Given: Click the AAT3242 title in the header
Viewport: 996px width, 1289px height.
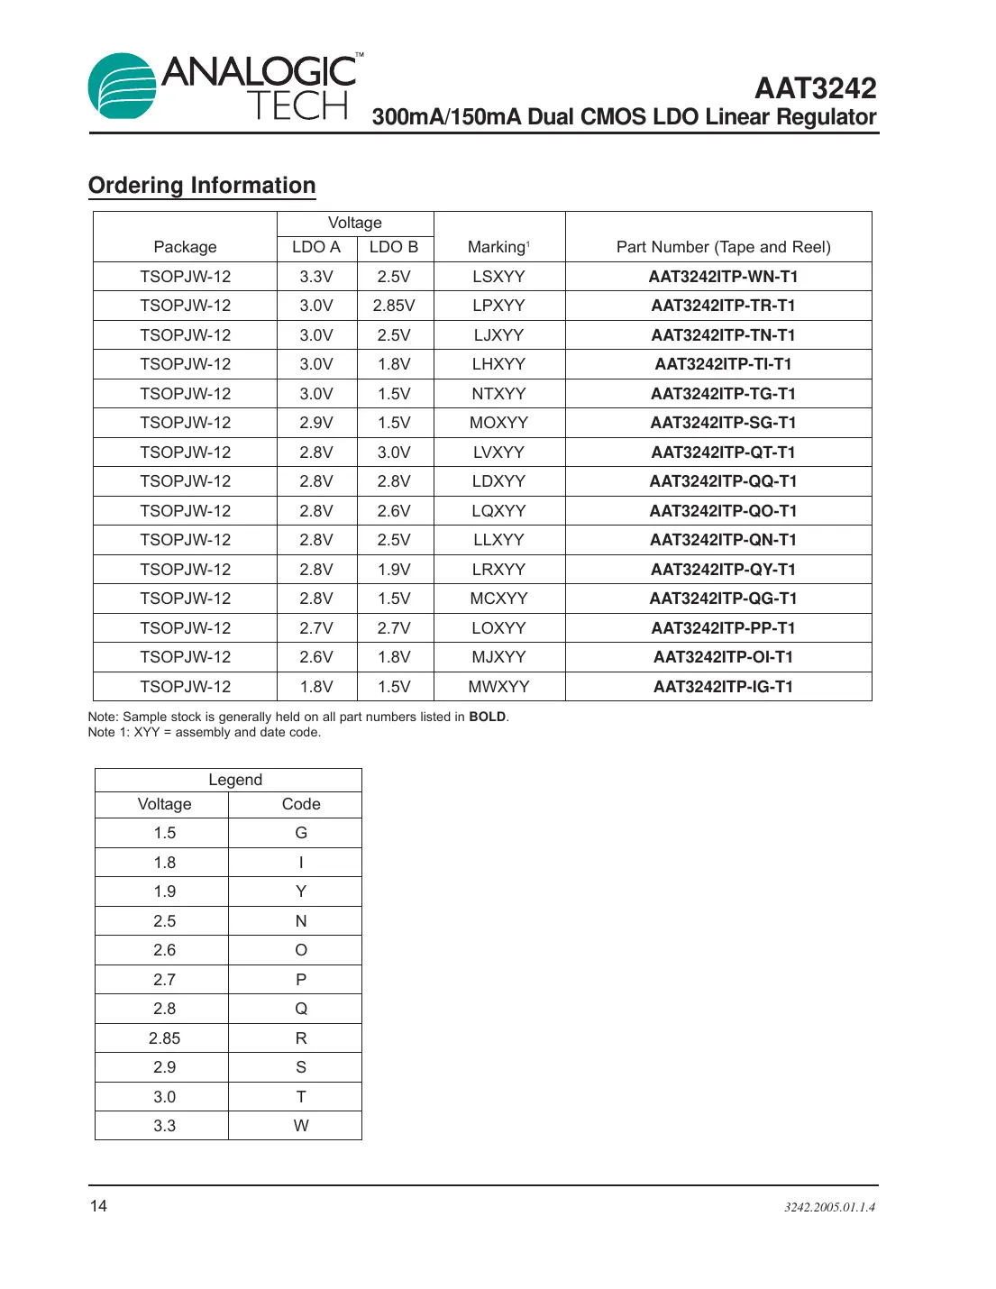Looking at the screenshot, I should [815, 88].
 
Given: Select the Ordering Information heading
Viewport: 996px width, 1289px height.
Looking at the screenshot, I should [202, 186].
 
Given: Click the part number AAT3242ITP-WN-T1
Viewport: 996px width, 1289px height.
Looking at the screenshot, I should [723, 277].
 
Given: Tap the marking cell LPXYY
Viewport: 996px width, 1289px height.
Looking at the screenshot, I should [498, 306].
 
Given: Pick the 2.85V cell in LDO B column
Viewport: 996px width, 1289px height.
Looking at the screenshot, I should [394, 306].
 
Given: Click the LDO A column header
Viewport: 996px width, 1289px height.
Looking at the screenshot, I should [316, 247].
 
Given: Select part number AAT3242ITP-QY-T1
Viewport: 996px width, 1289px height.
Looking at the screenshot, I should [723, 570].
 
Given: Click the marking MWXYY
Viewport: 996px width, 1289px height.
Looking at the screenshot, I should [498, 687].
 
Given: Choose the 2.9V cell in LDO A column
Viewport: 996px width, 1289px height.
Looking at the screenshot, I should [316, 423].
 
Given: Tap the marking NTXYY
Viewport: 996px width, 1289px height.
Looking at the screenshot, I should [498, 394].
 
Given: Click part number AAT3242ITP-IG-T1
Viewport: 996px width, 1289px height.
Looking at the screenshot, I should [723, 687].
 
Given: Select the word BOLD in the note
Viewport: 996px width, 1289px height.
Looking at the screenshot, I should [487, 718].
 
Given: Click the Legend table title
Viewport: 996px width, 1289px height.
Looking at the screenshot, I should [235, 780].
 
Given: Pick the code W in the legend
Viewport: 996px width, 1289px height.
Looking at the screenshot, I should [301, 1126].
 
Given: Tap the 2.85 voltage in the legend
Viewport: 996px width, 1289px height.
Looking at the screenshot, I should [165, 1038].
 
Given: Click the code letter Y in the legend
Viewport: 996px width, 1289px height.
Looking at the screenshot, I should [301, 891].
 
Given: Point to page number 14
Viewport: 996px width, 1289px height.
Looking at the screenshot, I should [98, 1206].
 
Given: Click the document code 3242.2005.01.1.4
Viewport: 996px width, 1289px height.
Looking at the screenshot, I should [829, 1207].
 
